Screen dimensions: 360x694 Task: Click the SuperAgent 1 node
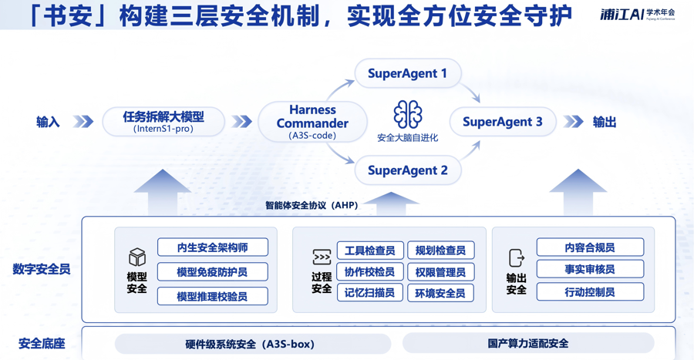click(x=407, y=74)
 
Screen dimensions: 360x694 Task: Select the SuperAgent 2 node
click(x=407, y=170)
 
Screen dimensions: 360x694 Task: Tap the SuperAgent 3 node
click(x=502, y=122)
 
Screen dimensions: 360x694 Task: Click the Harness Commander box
click(x=312, y=122)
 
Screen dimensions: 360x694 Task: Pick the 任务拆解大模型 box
click(x=163, y=122)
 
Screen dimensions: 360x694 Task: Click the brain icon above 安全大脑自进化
click(x=407, y=115)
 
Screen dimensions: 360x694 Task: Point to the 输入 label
click(x=48, y=122)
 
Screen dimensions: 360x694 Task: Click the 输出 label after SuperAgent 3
click(x=605, y=122)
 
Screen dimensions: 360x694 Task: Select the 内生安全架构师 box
click(x=212, y=247)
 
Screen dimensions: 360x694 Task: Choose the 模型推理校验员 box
click(x=212, y=296)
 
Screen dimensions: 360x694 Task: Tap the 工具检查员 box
click(x=370, y=251)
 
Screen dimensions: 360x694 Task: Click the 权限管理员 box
click(x=440, y=272)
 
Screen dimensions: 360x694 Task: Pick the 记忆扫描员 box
click(x=370, y=293)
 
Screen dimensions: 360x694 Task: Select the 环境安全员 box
click(x=440, y=293)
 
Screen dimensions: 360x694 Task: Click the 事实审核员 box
click(x=590, y=269)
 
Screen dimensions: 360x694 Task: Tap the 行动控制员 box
click(x=590, y=292)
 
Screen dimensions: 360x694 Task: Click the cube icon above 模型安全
click(x=136, y=257)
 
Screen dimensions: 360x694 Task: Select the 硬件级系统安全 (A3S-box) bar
click(x=251, y=344)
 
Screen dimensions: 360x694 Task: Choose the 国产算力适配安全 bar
click(x=528, y=344)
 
